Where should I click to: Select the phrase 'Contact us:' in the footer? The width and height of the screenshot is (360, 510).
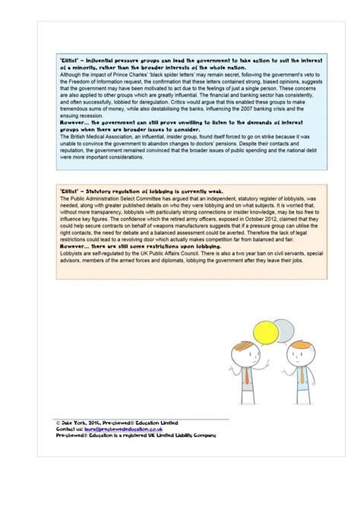[x=70, y=429]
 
